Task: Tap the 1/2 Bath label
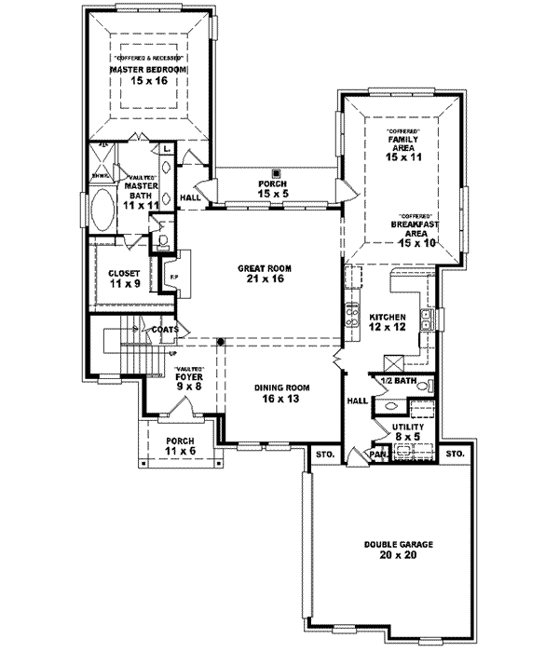[x=396, y=382]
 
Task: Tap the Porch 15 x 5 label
[x=273, y=189]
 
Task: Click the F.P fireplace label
[x=170, y=274]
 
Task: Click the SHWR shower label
[x=100, y=173]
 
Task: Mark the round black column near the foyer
[x=221, y=342]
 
